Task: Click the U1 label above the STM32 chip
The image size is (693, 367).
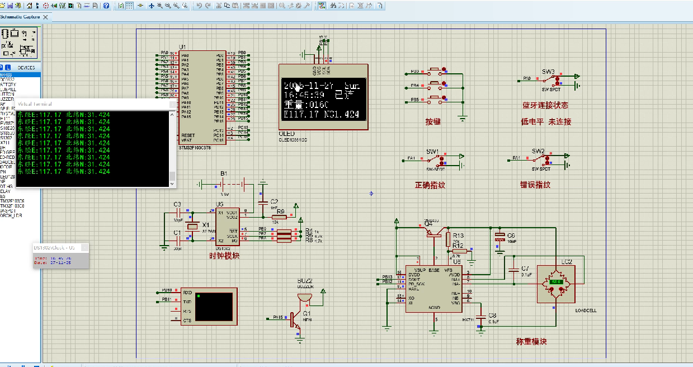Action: pyautogui.click(x=182, y=47)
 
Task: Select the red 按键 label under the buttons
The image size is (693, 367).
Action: pyautogui.click(x=433, y=121)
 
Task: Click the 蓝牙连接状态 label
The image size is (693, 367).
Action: pyautogui.click(x=545, y=106)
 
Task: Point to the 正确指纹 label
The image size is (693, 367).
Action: pyautogui.click(x=430, y=185)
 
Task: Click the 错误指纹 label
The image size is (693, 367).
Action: pyautogui.click(x=535, y=185)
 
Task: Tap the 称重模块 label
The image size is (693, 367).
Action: pyautogui.click(x=531, y=342)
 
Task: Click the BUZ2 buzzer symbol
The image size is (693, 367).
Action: pyautogui.click(x=305, y=297)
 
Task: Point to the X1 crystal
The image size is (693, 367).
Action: pyautogui.click(x=192, y=226)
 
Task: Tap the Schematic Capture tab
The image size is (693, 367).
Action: pyautogui.click(x=22, y=17)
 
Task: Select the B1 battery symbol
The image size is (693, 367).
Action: pyautogui.click(x=224, y=183)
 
